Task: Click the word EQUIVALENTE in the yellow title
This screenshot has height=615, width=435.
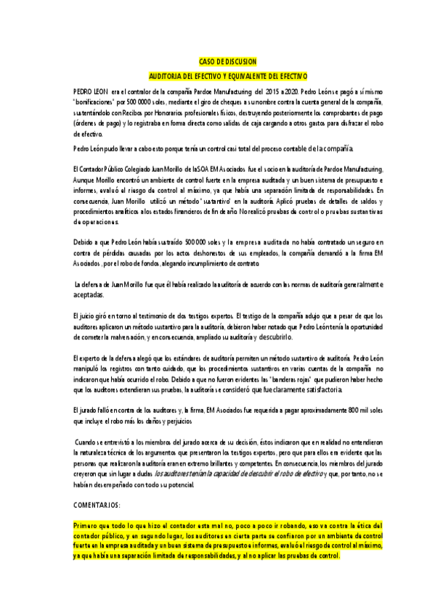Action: (237, 75)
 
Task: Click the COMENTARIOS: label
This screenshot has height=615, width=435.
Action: (97, 504)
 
